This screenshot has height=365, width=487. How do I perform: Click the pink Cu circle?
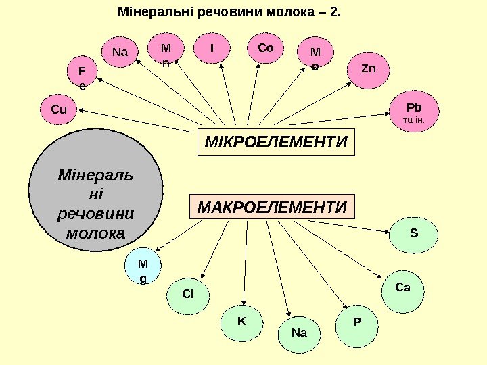(x=59, y=109)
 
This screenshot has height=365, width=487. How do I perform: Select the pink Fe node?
(x=83, y=77)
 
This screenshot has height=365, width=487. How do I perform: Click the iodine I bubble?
(x=212, y=49)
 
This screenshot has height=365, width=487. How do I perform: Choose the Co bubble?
(x=266, y=49)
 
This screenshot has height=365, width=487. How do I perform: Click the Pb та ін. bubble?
(x=413, y=111)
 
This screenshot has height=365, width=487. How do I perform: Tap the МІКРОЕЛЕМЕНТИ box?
(x=276, y=143)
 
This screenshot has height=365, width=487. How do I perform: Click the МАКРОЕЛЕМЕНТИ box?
(x=275, y=205)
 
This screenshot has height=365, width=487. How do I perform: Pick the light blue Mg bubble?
(x=142, y=268)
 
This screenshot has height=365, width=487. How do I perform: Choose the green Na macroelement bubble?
(x=300, y=333)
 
